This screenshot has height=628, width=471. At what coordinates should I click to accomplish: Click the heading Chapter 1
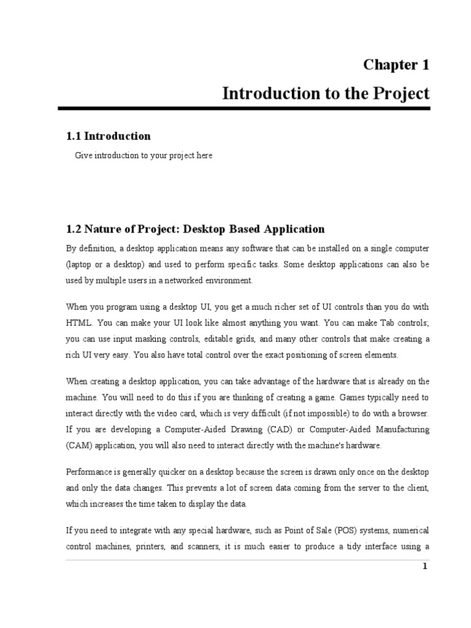click(x=396, y=64)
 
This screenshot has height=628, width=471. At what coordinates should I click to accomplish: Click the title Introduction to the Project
click(x=326, y=94)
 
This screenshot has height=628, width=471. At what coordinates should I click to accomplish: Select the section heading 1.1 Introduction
click(x=108, y=136)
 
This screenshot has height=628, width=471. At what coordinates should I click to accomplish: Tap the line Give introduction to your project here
click(x=144, y=156)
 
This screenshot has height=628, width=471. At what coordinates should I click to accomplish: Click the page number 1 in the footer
click(x=424, y=566)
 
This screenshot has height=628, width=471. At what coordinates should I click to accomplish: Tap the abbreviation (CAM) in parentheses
click(x=80, y=445)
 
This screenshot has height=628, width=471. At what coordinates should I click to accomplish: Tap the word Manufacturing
click(x=397, y=429)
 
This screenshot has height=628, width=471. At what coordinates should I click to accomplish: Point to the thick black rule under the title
click(x=244, y=109)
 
